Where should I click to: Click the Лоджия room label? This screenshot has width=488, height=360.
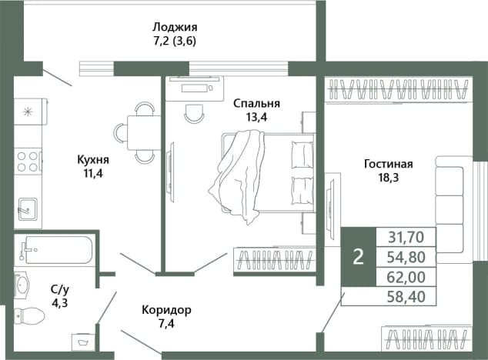(x=175, y=28)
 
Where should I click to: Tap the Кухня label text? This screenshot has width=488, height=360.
(x=93, y=160)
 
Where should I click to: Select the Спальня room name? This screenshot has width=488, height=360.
(x=257, y=103)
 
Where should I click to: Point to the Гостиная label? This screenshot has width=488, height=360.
(x=389, y=164)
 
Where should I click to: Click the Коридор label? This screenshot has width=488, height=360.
(x=166, y=310)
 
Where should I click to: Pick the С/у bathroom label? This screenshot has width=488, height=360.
(x=60, y=290)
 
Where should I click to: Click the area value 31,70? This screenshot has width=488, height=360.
(x=406, y=237)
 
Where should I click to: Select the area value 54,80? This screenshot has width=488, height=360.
(x=406, y=257)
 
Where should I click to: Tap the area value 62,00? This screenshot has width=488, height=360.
(x=406, y=277)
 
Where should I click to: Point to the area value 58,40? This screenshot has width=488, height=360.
(x=406, y=297)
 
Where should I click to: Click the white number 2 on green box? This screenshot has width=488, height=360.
(x=359, y=257)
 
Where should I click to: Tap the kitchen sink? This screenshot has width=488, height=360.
(x=28, y=209)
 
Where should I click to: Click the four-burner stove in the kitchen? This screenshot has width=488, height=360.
(x=28, y=162)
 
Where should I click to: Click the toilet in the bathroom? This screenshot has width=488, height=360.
(x=29, y=315)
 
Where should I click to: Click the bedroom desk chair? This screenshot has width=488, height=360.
(x=194, y=112)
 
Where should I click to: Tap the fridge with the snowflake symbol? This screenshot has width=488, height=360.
(x=30, y=112)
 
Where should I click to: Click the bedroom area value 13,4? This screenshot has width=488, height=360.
(x=257, y=117)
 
